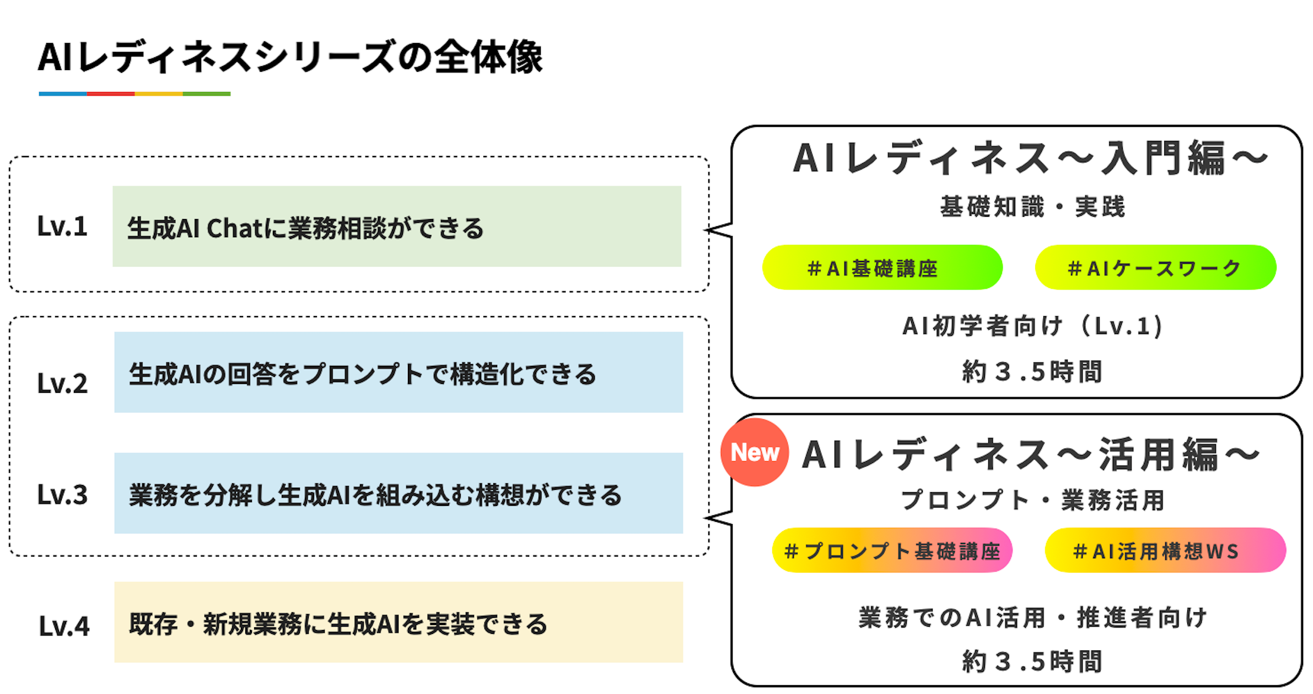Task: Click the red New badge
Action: tap(754, 452)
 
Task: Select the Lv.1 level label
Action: tap(62, 226)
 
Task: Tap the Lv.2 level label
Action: tap(62, 383)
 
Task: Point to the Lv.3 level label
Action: tap(62, 494)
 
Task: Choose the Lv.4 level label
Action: tap(64, 626)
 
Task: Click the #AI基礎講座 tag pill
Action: tap(881, 268)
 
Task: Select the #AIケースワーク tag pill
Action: tap(1155, 268)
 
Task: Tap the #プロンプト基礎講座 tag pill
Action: tap(891, 550)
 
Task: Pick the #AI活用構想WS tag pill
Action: tap(1165, 550)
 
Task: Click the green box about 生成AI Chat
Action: tap(396, 226)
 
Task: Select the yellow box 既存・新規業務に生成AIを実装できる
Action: tap(398, 622)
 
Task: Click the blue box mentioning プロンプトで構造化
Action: tap(398, 372)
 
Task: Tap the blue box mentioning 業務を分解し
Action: tap(398, 493)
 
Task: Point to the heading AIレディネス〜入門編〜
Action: tap(1030, 158)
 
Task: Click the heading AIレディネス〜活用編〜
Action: tap(1030, 455)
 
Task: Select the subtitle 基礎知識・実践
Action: tap(1032, 207)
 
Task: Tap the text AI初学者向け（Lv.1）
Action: tap(1032, 325)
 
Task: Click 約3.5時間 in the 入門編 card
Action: tap(1032, 371)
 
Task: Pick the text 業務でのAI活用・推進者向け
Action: tap(1032, 617)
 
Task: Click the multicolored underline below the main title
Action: tap(134, 94)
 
